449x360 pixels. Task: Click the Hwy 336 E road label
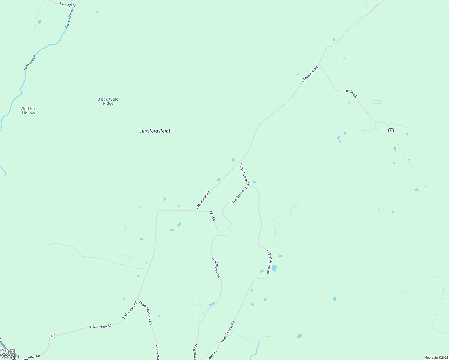67,5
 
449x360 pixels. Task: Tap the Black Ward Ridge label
108,101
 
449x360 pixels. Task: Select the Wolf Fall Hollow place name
29,111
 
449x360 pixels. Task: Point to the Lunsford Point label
155,131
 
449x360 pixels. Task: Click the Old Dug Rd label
351,94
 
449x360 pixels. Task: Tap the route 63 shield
391,130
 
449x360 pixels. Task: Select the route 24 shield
52,336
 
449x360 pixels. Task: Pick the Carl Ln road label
212,216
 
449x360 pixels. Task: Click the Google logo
10,356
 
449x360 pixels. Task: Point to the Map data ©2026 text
436,358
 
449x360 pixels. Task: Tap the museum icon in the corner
12,352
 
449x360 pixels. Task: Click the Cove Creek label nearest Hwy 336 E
70,19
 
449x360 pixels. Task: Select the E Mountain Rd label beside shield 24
101,326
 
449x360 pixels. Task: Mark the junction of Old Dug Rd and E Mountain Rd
319,64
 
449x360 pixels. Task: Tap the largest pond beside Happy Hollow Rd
274,268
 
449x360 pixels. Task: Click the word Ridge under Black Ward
108,103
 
